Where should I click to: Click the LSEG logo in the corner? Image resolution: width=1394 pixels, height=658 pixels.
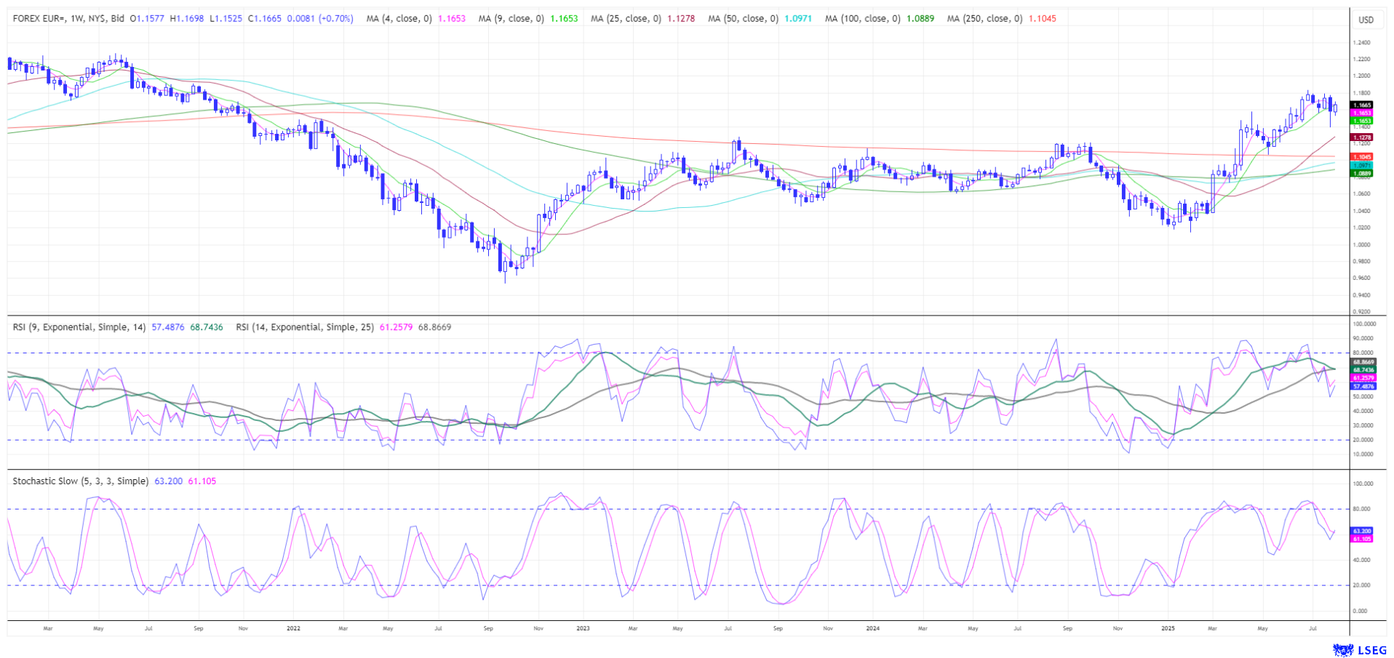tap(1361, 649)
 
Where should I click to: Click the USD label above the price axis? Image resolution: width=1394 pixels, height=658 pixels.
tap(1366, 20)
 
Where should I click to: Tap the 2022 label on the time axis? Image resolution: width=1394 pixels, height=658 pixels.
tap(293, 628)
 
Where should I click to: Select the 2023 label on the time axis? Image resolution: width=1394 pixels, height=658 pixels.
tap(583, 628)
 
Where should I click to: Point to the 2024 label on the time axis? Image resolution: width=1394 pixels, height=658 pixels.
tap(872, 628)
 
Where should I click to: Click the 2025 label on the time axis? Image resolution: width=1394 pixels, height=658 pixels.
tap(1167, 628)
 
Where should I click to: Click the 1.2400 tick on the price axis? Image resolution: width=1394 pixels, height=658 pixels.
tap(1361, 42)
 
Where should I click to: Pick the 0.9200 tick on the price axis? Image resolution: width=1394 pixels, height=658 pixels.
tap(1361, 312)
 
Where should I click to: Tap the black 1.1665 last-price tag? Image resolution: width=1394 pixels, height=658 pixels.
tap(1362, 105)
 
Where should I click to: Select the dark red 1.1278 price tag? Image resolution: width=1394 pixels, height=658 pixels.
tap(1362, 137)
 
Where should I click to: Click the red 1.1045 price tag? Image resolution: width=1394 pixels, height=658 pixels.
tap(1362, 156)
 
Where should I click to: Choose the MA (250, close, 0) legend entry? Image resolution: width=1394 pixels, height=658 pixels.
tap(984, 19)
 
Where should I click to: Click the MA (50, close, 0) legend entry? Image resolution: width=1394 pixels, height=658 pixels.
tap(743, 19)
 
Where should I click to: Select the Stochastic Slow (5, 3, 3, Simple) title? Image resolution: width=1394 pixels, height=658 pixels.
tap(80, 481)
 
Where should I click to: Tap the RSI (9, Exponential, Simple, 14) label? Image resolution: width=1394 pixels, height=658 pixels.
tap(79, 327)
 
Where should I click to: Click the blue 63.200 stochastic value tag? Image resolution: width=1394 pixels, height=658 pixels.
tap(1362, 531)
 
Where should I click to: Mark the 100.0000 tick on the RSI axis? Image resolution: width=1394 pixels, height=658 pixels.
tap(1363, 324)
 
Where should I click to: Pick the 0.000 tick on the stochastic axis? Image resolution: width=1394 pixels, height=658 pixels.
tap(1361, 611)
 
